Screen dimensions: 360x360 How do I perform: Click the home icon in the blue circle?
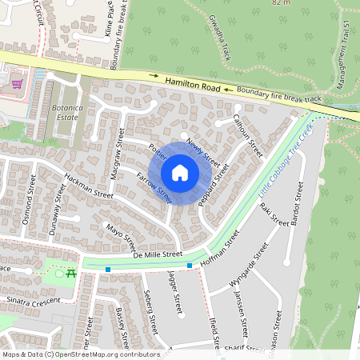(x=180, y=172)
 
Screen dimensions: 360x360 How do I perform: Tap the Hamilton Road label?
(x=192, y=83)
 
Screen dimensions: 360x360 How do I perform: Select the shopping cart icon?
(x=17, y=82)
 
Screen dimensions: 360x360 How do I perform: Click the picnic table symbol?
(x=71, y=274)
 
